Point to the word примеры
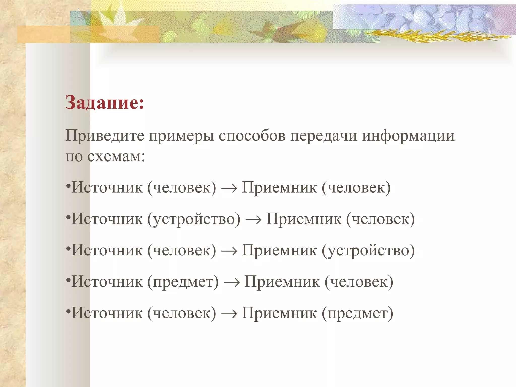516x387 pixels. tap(181, 136)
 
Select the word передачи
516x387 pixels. tap(324, 136)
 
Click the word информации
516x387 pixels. tap(408, 136)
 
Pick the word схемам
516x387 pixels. tap(116, 156)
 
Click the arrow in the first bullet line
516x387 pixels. tap(229, 188)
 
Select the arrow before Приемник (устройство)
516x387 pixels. tap(229, 251)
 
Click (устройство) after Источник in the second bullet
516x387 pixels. tap(194, 219)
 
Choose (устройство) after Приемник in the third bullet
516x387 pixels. tap(368, 251)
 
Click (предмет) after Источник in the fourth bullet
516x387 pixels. tap(183, 282)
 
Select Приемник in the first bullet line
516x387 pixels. tap(279, 188)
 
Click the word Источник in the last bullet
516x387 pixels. tap(107, 313)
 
